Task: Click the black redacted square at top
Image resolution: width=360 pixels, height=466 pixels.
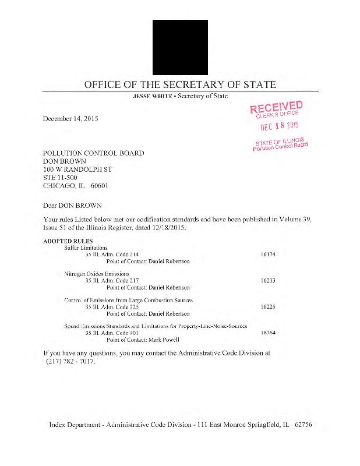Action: click(180, 47)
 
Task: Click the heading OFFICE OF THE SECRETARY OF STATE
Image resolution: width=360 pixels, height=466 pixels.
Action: click(180, 84)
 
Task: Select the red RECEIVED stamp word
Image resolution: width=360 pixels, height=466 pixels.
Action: click(276, 107)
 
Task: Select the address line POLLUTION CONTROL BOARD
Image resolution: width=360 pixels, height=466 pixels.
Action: click(93, 153)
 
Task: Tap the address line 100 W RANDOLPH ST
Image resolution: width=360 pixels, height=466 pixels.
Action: click(77, 170)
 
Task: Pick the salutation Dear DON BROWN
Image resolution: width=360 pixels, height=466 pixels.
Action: click(72, 206)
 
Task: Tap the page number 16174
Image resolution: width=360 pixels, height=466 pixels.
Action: click(268, 255)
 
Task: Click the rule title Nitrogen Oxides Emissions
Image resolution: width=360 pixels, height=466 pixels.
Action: click(96, 274)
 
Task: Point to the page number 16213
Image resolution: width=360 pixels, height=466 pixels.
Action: click(268, 280)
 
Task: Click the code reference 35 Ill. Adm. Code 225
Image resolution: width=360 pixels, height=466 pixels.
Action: click(112, 306)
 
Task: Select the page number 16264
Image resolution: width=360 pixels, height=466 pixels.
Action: click(268, 333)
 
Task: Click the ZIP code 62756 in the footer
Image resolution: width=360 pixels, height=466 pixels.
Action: click(303, 425)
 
